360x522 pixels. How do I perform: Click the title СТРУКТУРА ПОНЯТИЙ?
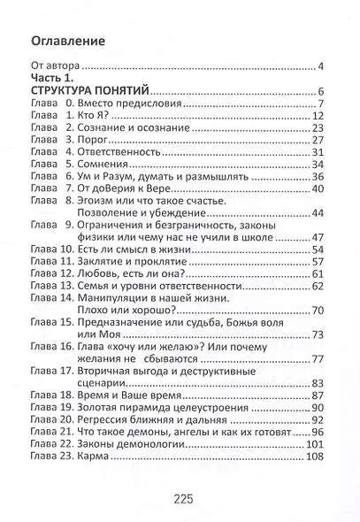point(88,91)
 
